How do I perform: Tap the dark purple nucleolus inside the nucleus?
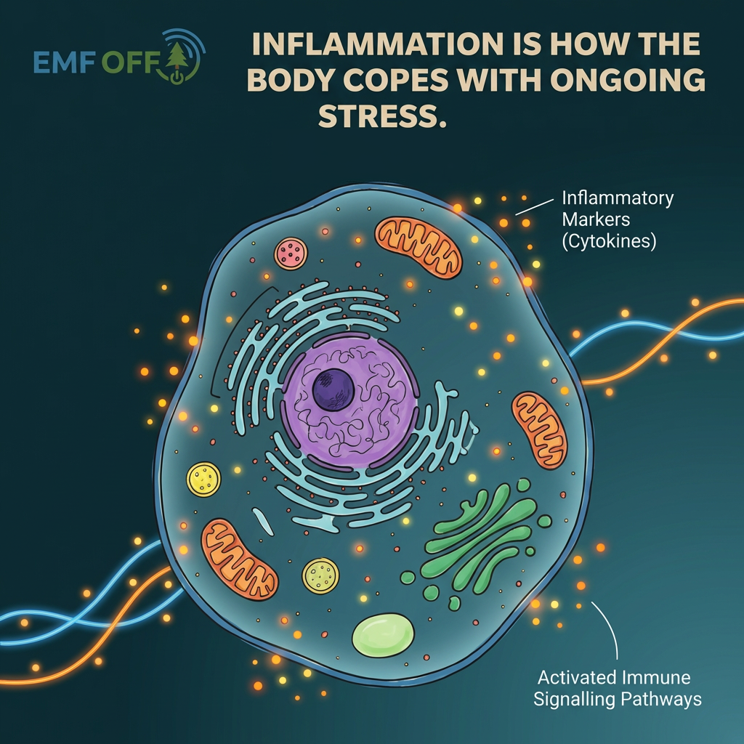click(x=333, y=389)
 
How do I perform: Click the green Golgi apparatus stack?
click(x=480, y=538)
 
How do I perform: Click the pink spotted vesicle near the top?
click(x=291, y=253)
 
